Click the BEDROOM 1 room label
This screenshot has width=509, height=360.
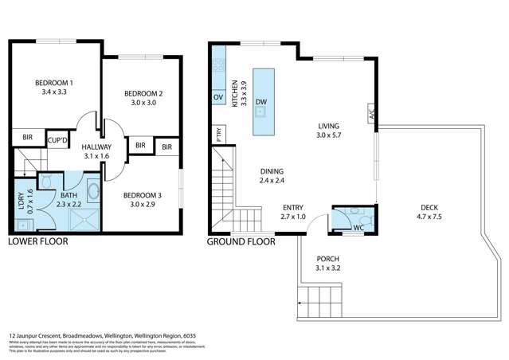pos(53,83)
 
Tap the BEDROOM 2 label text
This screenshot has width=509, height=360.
pos(143,95)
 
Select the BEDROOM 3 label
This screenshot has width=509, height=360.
pos(143,194)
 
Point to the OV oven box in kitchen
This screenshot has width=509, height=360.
pos(217,97)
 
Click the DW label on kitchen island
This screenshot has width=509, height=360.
pos(261,102)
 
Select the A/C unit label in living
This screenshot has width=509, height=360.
pos(371,114)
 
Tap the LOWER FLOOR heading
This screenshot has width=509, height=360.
pos(37,241)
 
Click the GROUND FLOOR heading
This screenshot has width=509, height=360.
pos(241,241)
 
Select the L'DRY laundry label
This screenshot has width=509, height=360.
pos(22,203)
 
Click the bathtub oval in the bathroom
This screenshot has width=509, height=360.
pos(93,191)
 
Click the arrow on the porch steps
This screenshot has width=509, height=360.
pos(302,303)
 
